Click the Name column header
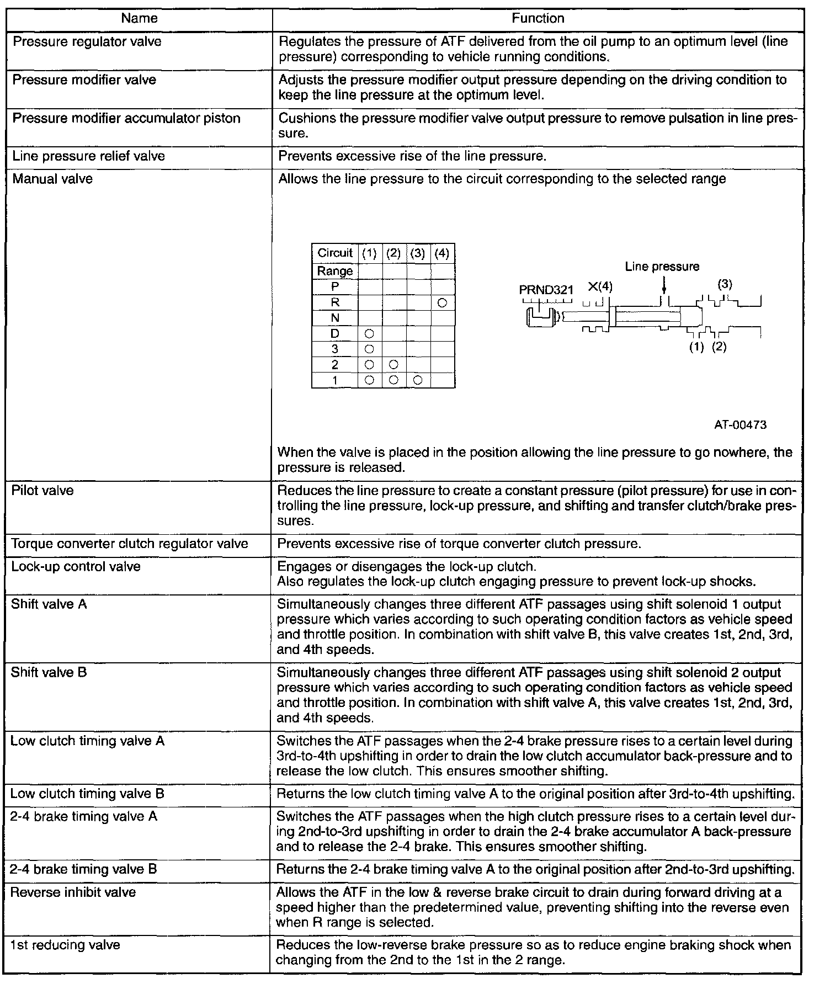point(139,18)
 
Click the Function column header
point(538,18)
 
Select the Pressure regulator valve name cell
point(87,42)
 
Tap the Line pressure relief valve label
point(88,156)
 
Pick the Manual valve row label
point(52,179)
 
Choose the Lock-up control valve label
point(76,567)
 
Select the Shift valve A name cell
point(49,604)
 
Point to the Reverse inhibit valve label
point(73,892)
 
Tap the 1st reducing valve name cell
point(65,945)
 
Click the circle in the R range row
point(442,302)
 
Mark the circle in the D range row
point(370,333)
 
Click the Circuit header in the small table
point(334,253)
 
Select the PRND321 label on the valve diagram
point(546,290)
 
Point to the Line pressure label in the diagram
point(662,267)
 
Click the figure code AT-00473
point(740,425)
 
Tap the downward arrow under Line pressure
point(663,285)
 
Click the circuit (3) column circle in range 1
point(418,380)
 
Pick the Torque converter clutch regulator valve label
point(130,544)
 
